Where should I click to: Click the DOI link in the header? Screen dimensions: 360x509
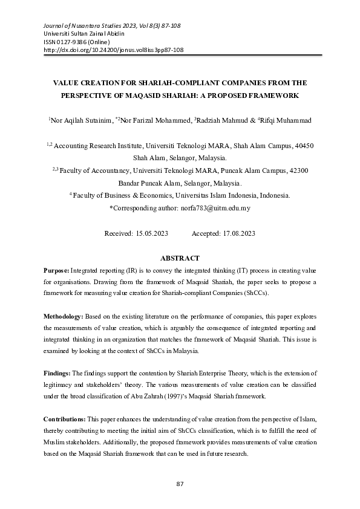click(x=113, y=51)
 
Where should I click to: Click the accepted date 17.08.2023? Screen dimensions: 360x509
click(x=232, y=233)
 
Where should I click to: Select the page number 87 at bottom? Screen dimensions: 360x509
click(x=180, y=484)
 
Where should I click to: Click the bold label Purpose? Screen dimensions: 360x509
click(x=57, y=272)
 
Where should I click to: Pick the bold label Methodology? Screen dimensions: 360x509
click(x=64, y=316)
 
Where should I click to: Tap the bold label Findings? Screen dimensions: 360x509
click(x=57, y=374)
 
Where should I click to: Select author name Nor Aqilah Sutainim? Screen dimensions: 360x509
click(x=80, y=121)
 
